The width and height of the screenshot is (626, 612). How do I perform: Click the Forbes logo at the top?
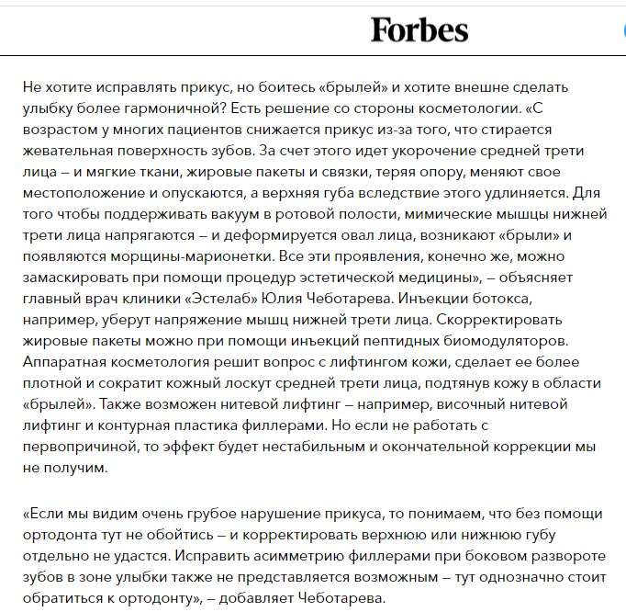pos(419,30)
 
